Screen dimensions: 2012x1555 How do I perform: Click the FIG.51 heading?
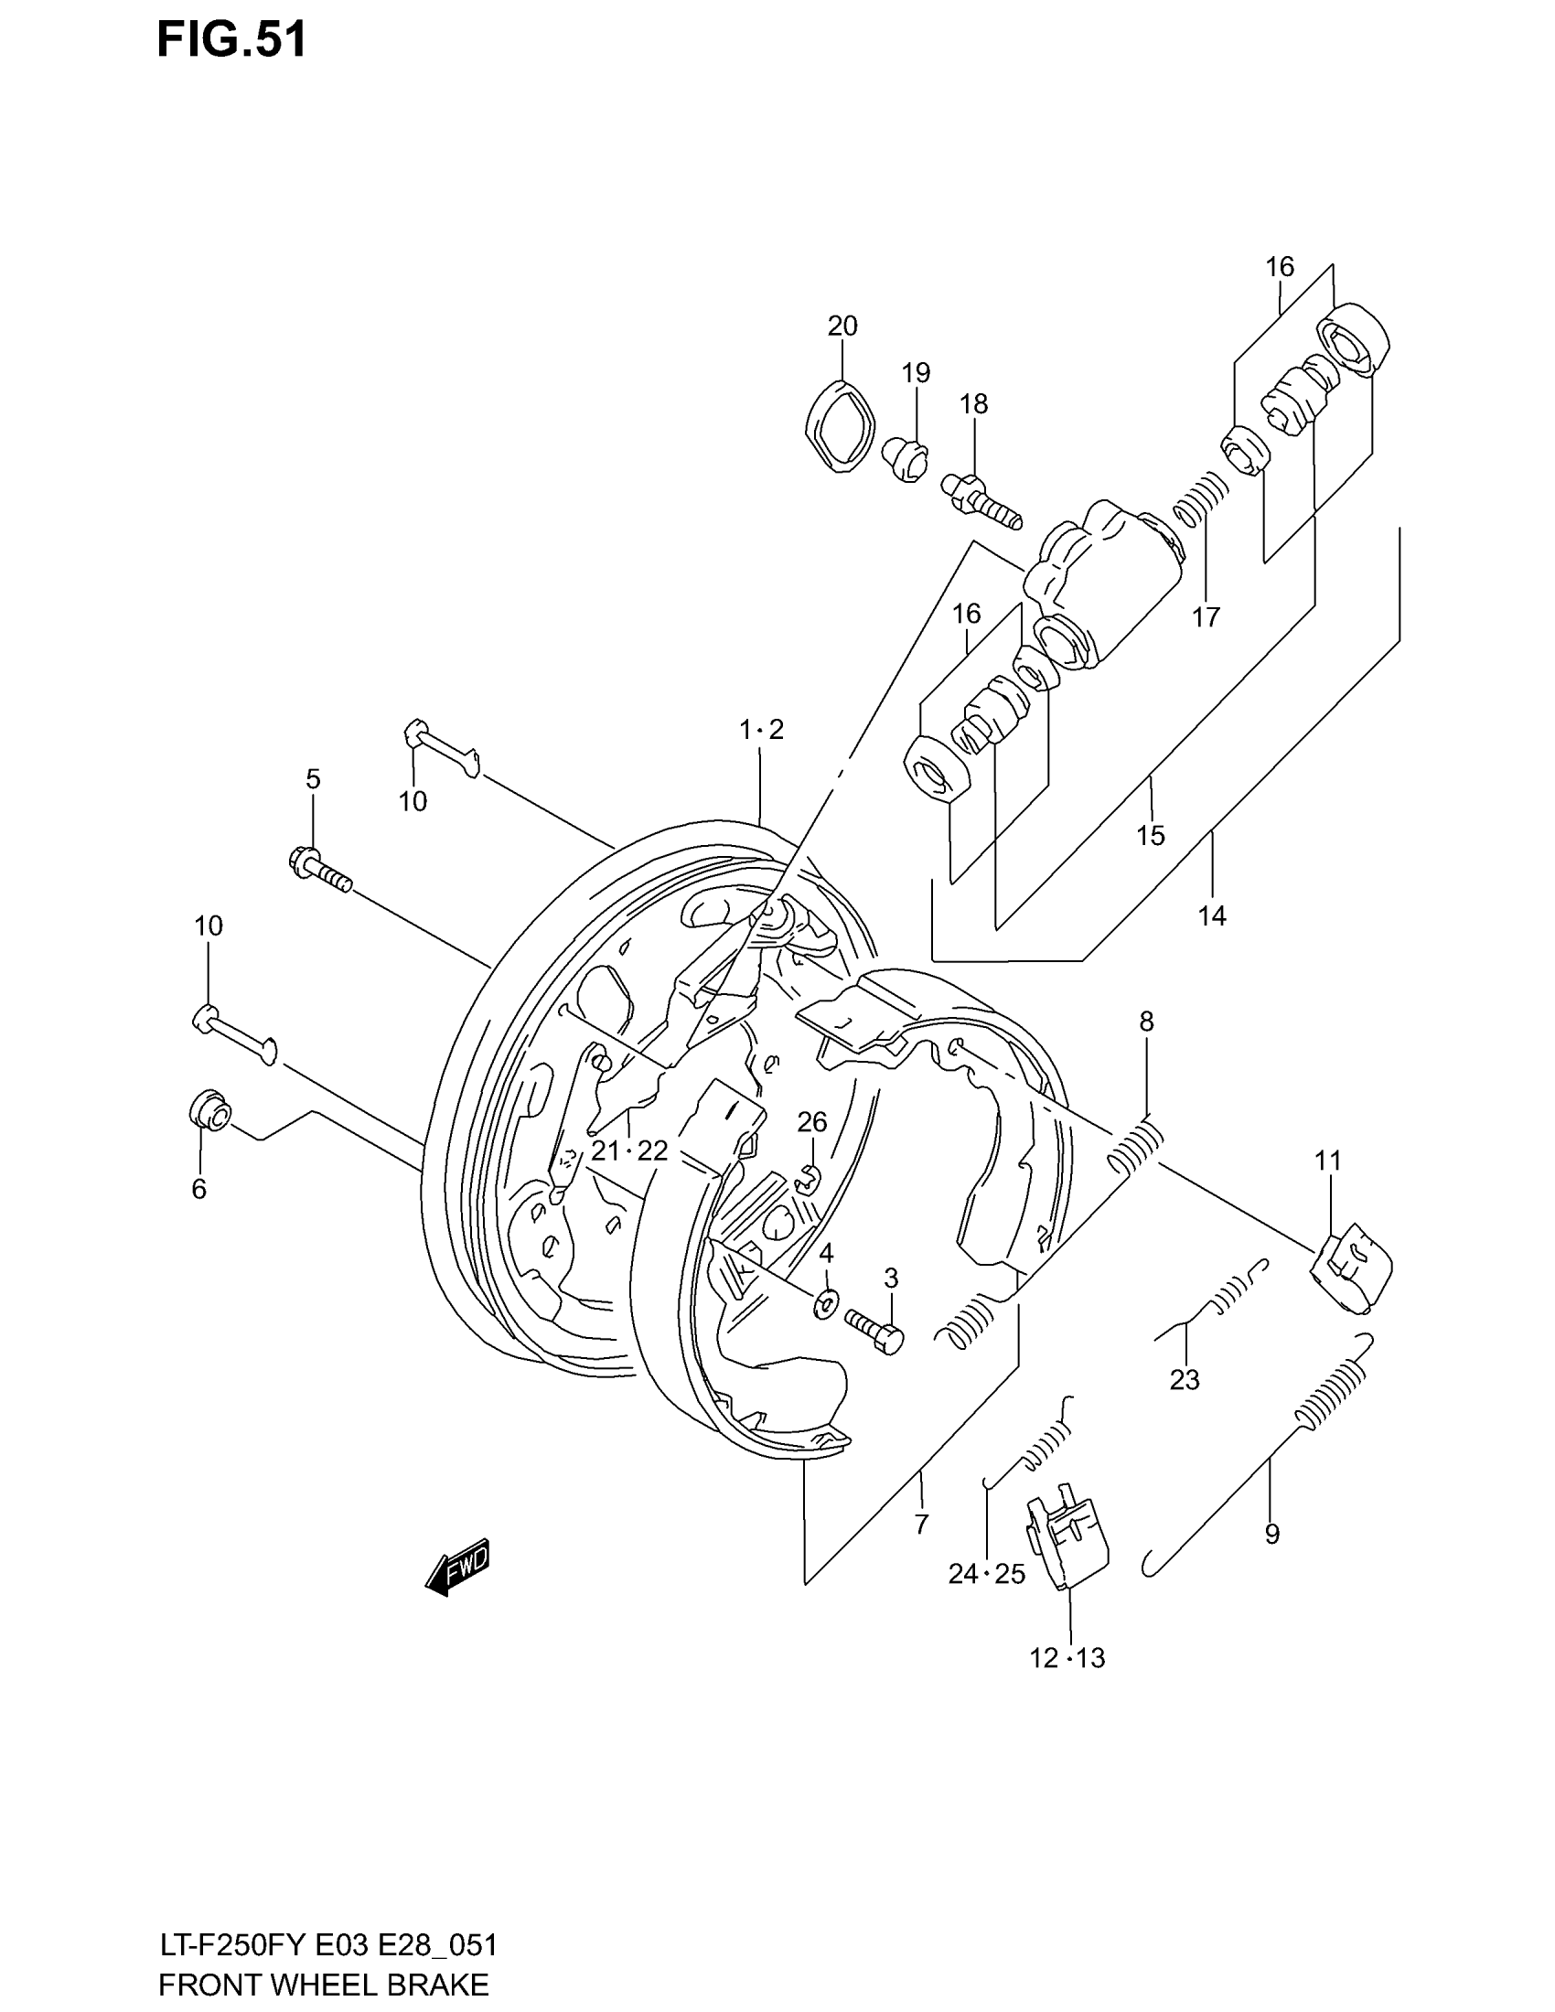pyautogui.click(x=231, y=40)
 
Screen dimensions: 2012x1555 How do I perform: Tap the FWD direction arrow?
pyautogui.click(x=458, y=1565)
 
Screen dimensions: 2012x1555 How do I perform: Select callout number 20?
pyautogui.click(x=842, y=326)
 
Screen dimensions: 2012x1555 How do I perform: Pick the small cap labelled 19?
pyautogui.click(x=906, y=459)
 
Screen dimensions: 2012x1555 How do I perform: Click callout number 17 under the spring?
pyautogui.click(x=1206, y=616)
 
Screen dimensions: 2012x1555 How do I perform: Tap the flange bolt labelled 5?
pyautogui.click(x=319, y=871)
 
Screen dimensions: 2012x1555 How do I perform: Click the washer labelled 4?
pyautogui.click(x=826, y=1302)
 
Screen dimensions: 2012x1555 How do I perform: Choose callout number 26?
pyautogui.click(x=811, y=1122)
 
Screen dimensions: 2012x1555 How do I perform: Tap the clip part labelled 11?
pyautogui.click(x=1350, y=1271)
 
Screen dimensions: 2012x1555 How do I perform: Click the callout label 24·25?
pyautogui.click(x=987, y=1575)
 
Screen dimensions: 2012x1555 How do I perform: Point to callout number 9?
pyautogui.click(x=1271, y=1534)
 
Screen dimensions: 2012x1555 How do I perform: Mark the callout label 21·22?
pyautogui.click(x=629, y=1150)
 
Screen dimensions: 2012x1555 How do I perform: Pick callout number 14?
pyautogui.click(x=1212, y=915)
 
